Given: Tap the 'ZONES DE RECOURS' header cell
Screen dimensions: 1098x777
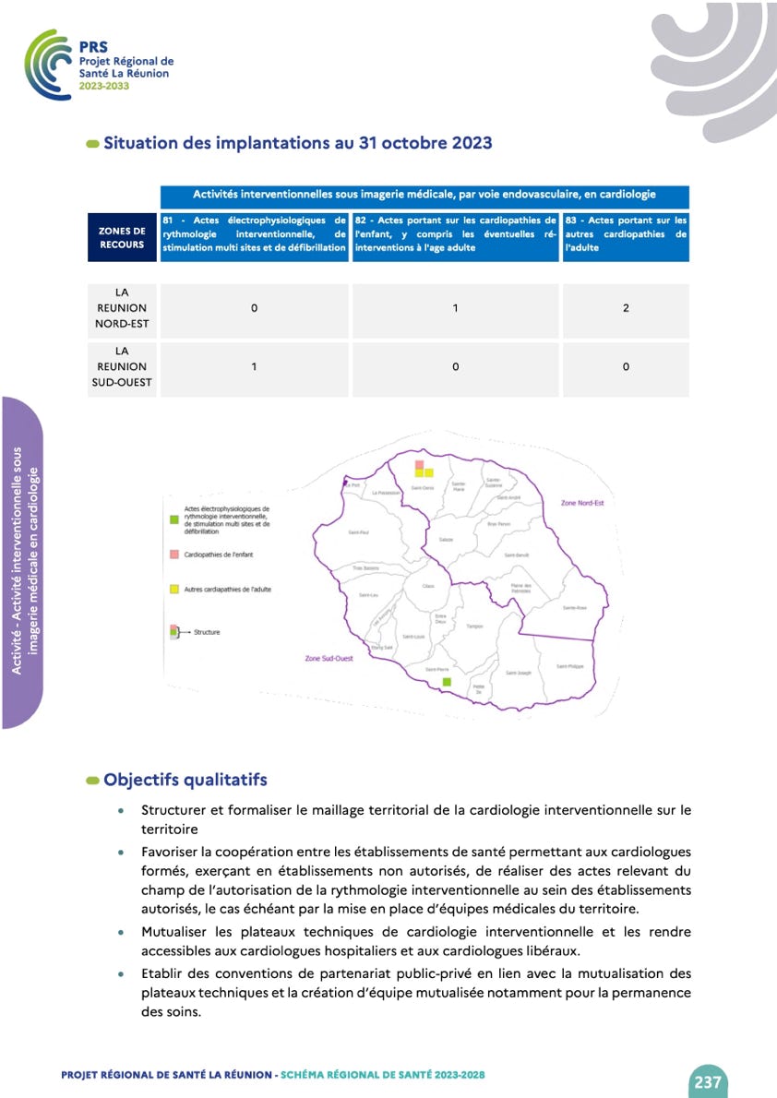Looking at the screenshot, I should (122, 238).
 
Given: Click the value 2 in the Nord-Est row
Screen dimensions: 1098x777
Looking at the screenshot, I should (626, 308).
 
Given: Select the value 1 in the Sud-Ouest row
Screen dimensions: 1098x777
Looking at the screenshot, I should (254, 367).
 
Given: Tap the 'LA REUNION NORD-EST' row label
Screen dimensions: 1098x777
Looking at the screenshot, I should (122, 308).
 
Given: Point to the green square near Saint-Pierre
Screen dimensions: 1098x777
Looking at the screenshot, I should (448, 682).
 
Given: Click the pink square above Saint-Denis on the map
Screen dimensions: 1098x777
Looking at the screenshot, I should (420, 464).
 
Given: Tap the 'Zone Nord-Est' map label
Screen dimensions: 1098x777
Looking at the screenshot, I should (581, 503).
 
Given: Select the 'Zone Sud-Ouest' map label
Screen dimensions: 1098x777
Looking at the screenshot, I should (329, 659).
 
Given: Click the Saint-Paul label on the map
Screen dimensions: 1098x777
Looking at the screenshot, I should (358, 532).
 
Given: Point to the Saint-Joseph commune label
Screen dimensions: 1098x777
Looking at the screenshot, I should (518, 673).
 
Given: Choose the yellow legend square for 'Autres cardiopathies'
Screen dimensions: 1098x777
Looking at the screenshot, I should (173, 588).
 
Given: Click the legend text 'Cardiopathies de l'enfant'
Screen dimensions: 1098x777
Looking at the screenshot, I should (219, 555).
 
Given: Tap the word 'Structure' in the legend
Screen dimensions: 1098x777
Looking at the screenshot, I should (207, 632).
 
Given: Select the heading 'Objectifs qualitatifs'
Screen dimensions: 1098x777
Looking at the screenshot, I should (185, 780).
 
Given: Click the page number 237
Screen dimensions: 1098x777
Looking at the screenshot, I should (708, 1082).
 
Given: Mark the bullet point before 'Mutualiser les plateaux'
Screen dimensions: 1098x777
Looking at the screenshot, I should (121, 933).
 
